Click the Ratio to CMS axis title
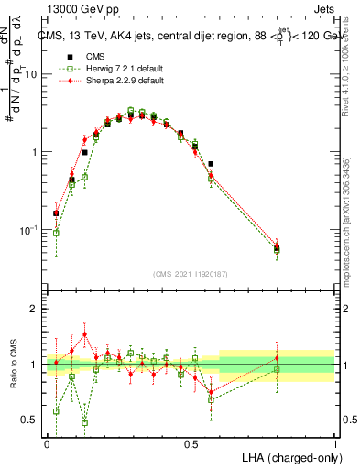pyautogui.click(x=15, y=365)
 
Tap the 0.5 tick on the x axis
pyautogui.click(x=191, y=443)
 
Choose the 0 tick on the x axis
pyautogui.click(x=47, y=443)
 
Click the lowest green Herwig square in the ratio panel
pyautogui.click(x=84, y=423)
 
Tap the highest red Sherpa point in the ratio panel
pyautogui.click(x=84, y=334)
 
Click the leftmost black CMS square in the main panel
pyautogui.click(x=56, y=213)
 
